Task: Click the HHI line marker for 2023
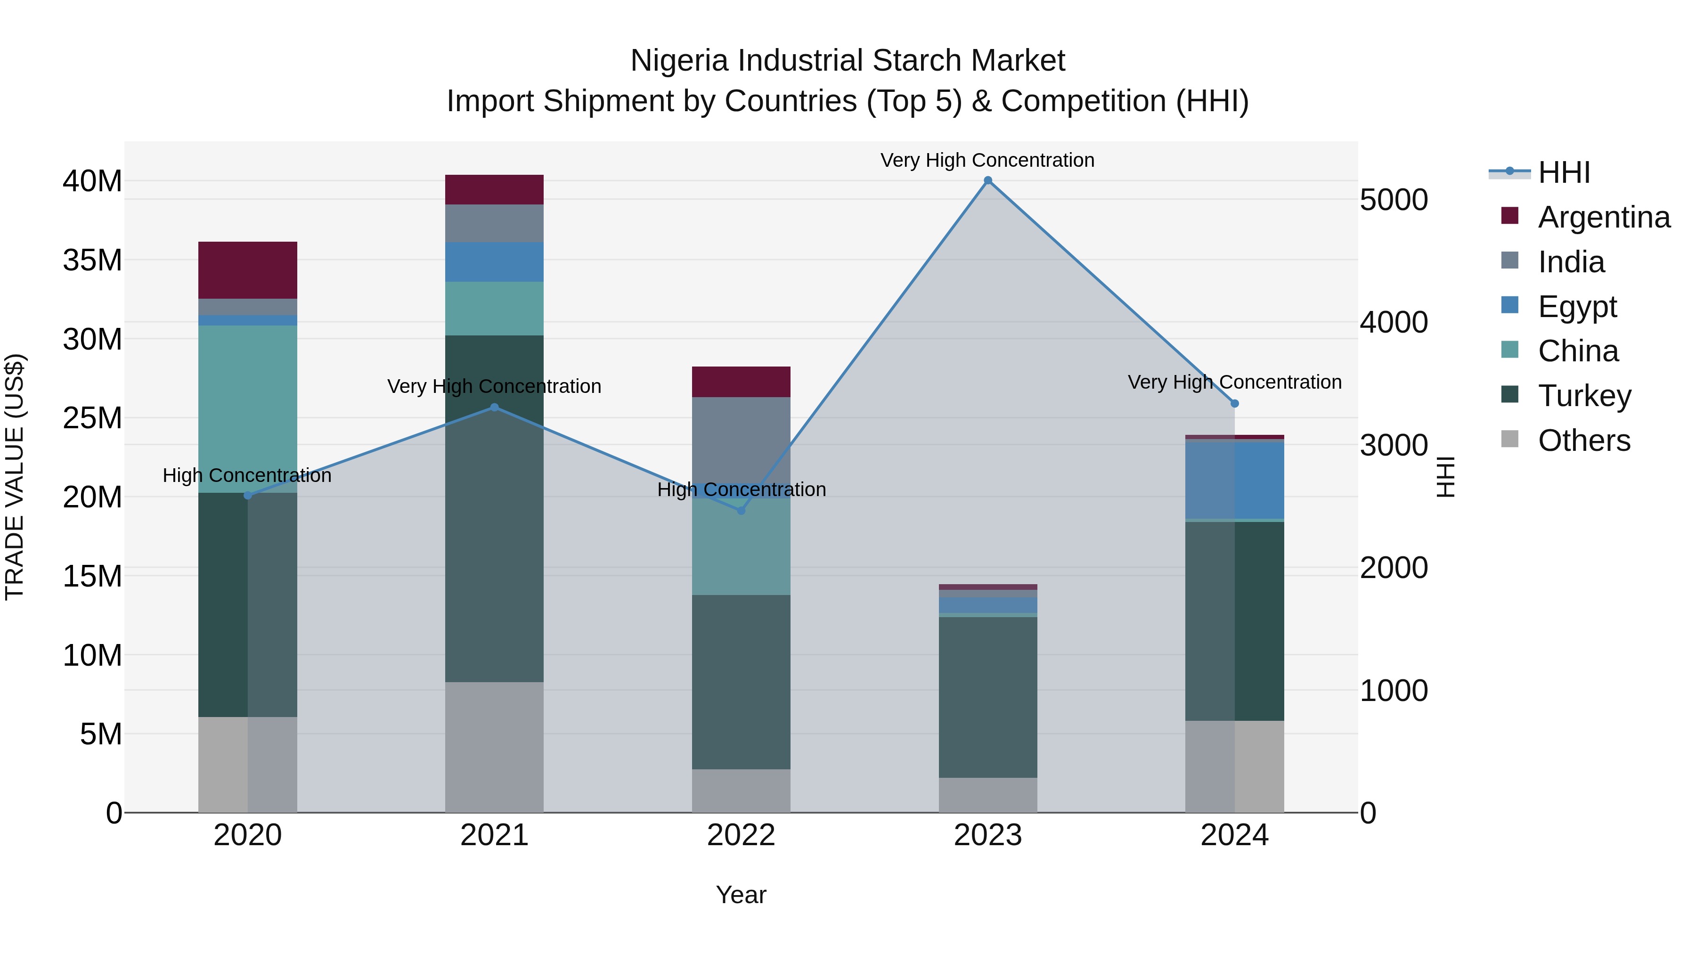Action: (987, 180)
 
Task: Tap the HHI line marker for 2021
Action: (495, 408)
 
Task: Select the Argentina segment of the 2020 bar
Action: (247, 270)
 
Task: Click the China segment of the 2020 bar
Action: (247, 408)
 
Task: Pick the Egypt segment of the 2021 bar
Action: (495, 262)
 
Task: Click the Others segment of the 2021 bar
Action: (495, 747)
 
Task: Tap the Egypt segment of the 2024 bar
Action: (1234, 481)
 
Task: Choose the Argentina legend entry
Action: (1603, 217)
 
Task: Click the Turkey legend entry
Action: (1584, 396)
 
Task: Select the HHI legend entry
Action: (1564, 172)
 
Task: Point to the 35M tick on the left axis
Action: (92, 260)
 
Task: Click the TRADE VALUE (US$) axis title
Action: (15, 477)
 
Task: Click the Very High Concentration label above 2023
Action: (987, 160)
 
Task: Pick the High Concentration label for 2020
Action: (247, 475)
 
